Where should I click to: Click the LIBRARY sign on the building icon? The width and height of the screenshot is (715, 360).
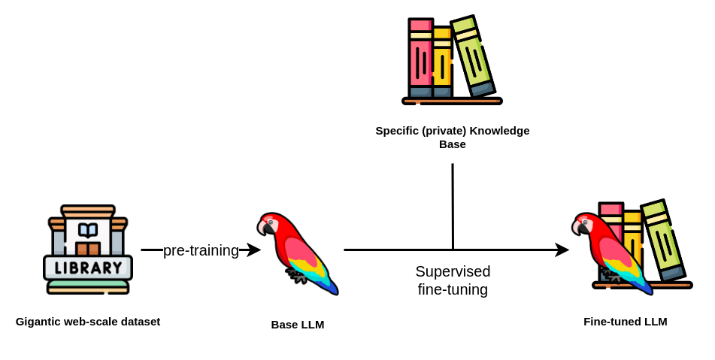[x=88, y=268]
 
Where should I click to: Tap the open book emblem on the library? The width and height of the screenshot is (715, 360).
[x=88, y=230]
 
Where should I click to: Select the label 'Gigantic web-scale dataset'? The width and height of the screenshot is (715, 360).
[x=88, y=322]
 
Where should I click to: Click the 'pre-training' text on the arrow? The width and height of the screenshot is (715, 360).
[x=201, y=250]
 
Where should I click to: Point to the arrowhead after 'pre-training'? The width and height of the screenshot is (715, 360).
[x=254, y=250]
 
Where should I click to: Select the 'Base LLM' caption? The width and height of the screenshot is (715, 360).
[x=298, y=325]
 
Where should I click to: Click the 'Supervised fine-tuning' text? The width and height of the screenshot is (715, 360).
[x=453, y=280]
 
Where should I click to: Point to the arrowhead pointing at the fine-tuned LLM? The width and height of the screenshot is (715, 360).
[x=562, y=250]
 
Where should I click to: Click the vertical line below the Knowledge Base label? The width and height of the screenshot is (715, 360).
[x=453, y=206]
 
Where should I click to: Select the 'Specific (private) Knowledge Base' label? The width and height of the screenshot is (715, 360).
[x=453, y=137]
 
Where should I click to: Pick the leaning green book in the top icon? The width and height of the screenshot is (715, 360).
[x=473, y=57]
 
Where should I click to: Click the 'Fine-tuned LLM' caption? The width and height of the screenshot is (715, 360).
[x=626, y=322]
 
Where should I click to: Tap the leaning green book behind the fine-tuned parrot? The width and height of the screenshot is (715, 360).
[x=663, y=241]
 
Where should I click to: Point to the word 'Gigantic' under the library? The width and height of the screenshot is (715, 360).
[x=38, y=322]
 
